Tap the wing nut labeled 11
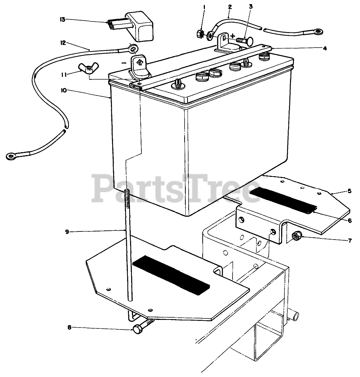point(88,69)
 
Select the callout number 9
point(66,232)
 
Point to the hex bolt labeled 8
point(139,328)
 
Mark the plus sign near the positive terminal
point(233,36)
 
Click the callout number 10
point(64,90)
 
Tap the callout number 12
point(63,43)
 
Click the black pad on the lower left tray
point(171,274)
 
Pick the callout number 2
point(230,7)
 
